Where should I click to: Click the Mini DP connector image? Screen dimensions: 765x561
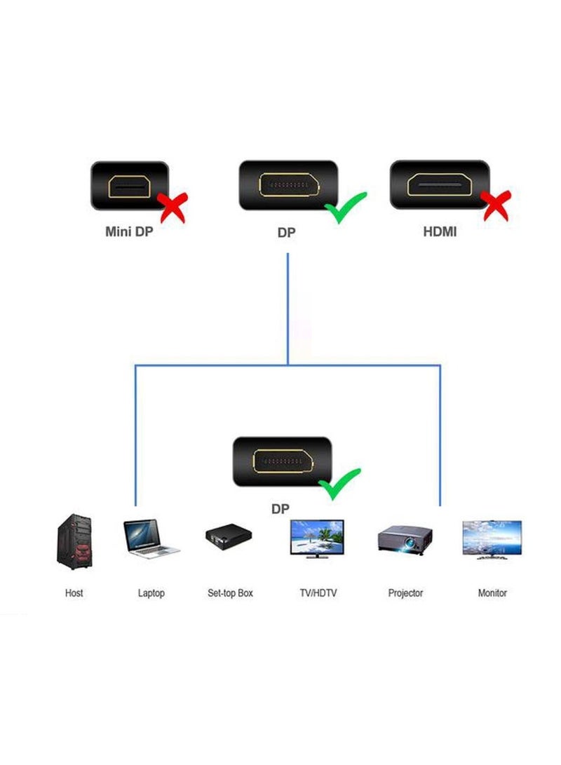click(130, 186)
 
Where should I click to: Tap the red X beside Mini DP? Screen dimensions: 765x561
click(173, 207)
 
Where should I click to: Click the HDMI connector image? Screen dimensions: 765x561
click(438, 184)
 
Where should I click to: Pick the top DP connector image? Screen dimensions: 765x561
click(288, 185)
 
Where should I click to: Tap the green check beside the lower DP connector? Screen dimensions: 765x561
click(339, 482)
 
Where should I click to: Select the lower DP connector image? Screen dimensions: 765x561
click(280, 461)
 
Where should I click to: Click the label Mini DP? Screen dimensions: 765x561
click(129, 231)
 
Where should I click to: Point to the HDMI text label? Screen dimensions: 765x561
click(440, 231)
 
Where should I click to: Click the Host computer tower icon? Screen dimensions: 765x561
click(74, 541)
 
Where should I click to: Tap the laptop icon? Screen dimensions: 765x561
click(150, 539)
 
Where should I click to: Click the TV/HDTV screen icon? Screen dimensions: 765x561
click(317, 539)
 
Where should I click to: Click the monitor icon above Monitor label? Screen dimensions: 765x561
click(492, 539)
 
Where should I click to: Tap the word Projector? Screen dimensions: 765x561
click(405, 593)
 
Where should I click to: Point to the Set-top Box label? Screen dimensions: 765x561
click(230, 593)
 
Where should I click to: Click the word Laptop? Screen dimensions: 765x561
click(151, 593)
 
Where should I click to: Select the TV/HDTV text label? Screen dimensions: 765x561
click(318, 593)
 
